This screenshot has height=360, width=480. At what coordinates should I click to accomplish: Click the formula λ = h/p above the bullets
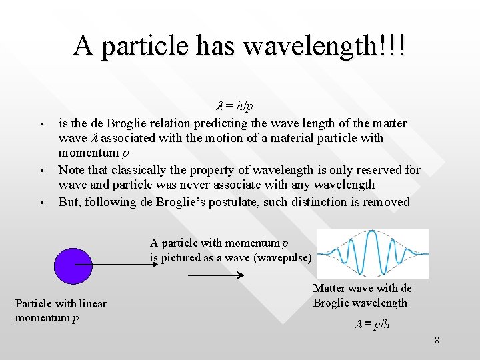[235, 107]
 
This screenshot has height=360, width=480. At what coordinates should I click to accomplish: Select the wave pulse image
[372, 254]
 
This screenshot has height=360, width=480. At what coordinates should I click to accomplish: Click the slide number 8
[437, 341]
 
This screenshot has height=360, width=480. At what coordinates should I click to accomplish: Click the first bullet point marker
[41, 125]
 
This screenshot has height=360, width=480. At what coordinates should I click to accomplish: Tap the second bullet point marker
[41, 171]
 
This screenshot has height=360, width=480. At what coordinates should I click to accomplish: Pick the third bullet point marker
[41, 203]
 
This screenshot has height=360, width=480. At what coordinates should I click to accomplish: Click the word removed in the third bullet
[387, 202]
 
